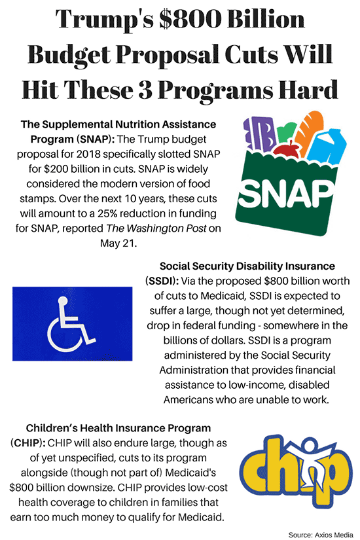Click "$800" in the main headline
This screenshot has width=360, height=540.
[189, 19]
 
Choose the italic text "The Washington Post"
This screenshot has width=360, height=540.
[156, 228]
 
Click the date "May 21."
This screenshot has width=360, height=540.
[118, 243]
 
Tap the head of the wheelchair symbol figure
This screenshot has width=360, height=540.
[62, 301]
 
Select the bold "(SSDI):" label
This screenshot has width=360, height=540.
[162, 281]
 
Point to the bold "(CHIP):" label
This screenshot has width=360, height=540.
[28, 443]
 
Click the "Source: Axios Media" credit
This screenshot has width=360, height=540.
[321, 535]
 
